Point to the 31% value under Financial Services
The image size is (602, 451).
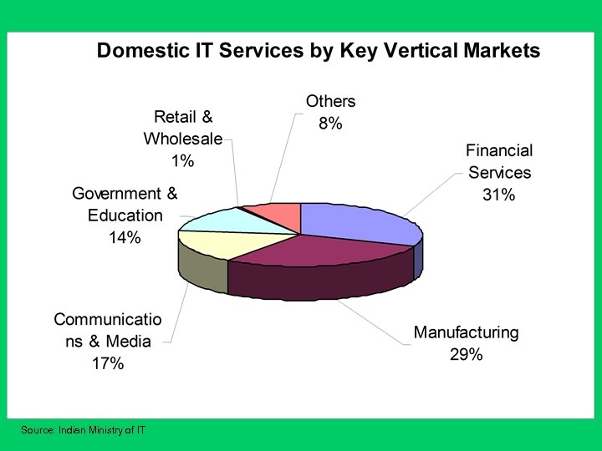pos(499,195)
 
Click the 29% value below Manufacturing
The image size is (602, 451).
pos(466,354)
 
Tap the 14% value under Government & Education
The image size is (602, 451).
pos(124,237)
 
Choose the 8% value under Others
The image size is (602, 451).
pos(330,123)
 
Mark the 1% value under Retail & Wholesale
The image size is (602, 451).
pos(182,160)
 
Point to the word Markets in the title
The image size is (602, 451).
pos(498,51)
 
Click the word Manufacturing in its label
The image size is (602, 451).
pos(466,332)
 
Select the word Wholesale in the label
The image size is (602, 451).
pos(182,139)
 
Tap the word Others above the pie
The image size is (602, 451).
pos(330,101)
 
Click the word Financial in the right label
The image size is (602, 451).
pos(499,151)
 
